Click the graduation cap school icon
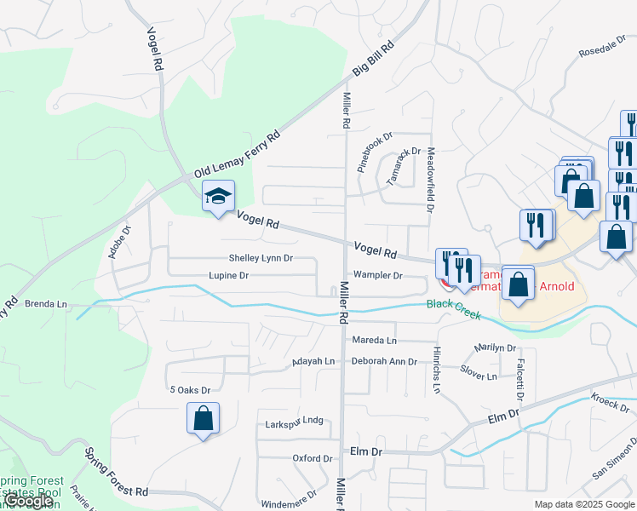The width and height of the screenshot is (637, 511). (217, 197)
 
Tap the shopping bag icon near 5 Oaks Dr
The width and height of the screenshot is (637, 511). (203, 418)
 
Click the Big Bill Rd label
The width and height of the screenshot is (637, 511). (375, 60)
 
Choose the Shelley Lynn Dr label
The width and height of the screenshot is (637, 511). (261, 258)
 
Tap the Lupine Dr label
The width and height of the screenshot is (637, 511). (229, 276)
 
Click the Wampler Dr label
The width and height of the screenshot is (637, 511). (378, 276)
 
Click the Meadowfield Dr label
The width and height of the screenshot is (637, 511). (431, 179)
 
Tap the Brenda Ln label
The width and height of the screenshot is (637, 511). (46, 304)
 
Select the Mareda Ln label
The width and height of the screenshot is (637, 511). (375, 341)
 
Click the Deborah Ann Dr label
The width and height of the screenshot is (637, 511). (385, 362)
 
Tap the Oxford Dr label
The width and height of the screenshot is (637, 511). (312, 458)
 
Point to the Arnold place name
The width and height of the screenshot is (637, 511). (556, 286)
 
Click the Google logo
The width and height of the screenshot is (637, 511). (29, 501)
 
